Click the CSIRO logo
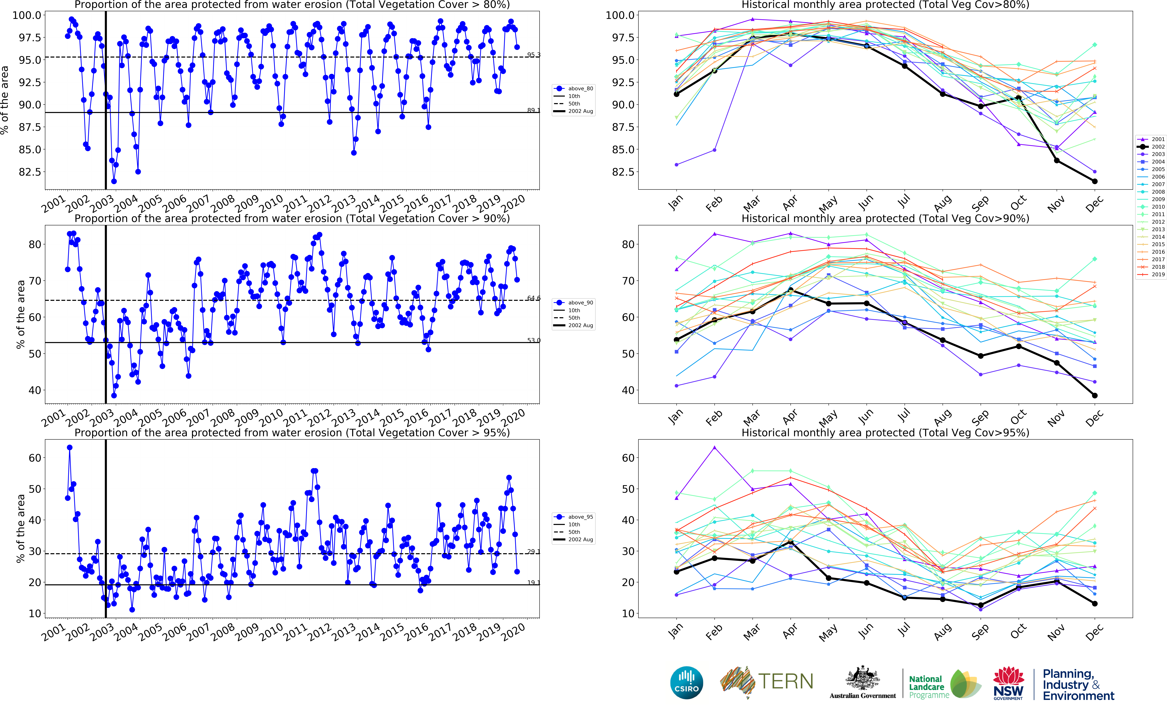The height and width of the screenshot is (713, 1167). pyautogui.click(x=686, y=683)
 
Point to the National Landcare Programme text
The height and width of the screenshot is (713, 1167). pyautogui.click(x=928, y=687)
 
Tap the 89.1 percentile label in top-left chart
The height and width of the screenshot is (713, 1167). pyautogui.click(x=533, y=110)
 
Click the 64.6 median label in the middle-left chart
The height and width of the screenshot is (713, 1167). pyautogui.click(x=533, y=298)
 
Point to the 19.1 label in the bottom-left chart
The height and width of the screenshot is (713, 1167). pyautogui.click(x=533, y=583)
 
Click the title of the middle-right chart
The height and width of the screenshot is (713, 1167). pyautogui.click(x=885, y=219)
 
